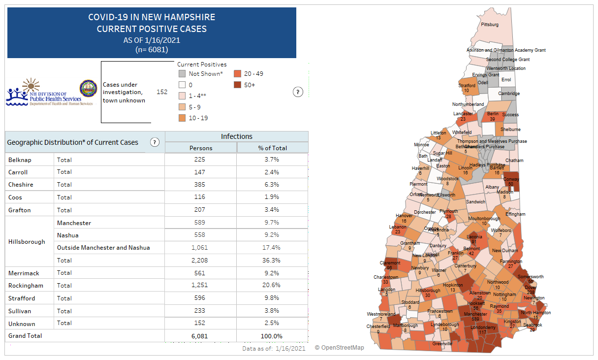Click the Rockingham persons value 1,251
pyautogui.click(x=200, y=286)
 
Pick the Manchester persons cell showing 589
pyautogui.click(x=200, y=223)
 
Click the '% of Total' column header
pyautogui.click(x=272, y=148)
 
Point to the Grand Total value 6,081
pyautogui.click(x=200, y=336)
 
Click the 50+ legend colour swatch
pyautogui.click(x=237, y=85)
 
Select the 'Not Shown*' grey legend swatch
pyautogui.click(x=182, y=74)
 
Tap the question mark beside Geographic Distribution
pyautogui.click(x=155, y=142)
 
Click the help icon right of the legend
pyautogui.click(x=297, y=92)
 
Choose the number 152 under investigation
pyautogui.click(x=162, y=92)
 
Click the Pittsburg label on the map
pyautogui.click(x=490, y=24)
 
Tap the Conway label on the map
pyautogui.click(x=511, y=179)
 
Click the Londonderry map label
pyautogui.click(x=483, y=327)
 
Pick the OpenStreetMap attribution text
pyautogui.click(x=340, y=348)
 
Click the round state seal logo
pyautogui.click(x=88, y=88)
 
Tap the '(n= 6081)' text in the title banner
pyautogui.click(x=152, y=49)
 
